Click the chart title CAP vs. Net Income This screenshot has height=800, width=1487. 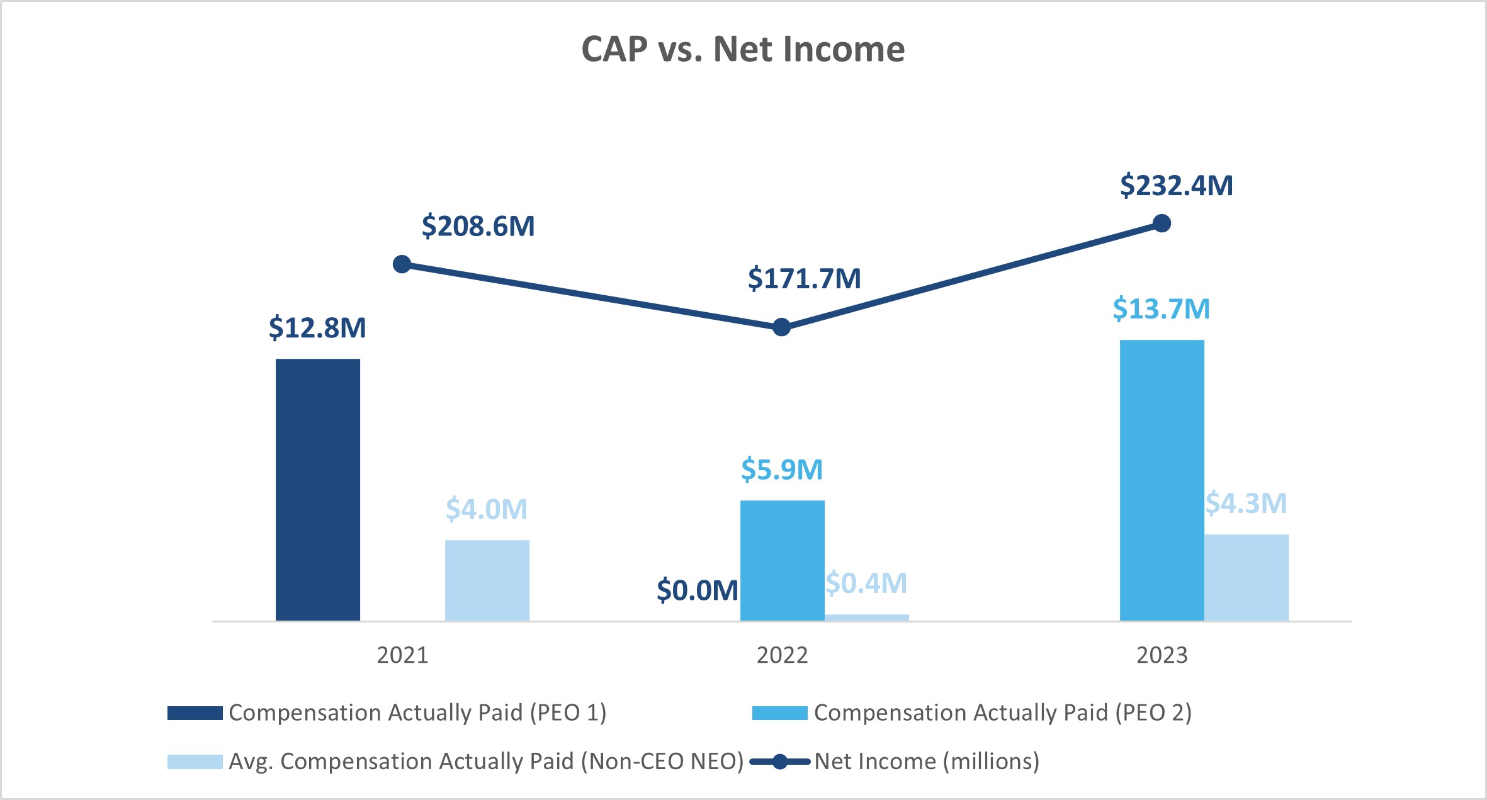[x=743, y=49]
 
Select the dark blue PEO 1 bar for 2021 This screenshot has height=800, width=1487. [x=318, y=490]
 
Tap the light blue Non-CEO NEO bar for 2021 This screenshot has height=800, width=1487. [x=487, y=580]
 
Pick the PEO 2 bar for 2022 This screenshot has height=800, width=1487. [x=782, y=560]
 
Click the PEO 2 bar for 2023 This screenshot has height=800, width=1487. [x=1162, y=480]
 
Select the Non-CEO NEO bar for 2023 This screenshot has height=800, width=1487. [x=1246, y=577]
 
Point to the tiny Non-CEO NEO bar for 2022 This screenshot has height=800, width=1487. [x=866, y=617]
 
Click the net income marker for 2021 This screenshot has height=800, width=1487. [x=402, y=264]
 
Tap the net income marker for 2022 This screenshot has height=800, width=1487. [x=781, y=327]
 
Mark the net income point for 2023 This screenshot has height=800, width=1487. [x=1162, y=223]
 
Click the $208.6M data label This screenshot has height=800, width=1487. [x=478, y=226]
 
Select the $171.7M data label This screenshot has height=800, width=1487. [x=804, y=278]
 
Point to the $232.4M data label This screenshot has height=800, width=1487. [x=1176, y=186]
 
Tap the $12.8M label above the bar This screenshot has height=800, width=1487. [x=317, y=328]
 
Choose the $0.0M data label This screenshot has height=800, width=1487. [x=697, y=590]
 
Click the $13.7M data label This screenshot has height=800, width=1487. [x=1161, y=309]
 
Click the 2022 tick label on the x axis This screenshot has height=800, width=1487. [x=782, y=655]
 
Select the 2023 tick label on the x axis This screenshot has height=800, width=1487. [x=1162, y=655]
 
